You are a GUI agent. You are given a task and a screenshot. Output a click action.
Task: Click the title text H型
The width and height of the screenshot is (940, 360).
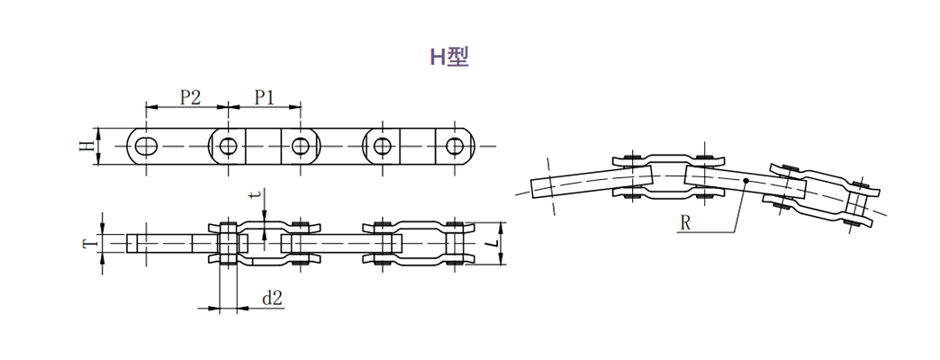tap(449, 57)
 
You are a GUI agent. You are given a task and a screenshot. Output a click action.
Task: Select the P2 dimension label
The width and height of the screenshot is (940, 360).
tap(190, 97)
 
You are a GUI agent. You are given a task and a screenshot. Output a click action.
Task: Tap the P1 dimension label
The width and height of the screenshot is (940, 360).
tap(264, 97)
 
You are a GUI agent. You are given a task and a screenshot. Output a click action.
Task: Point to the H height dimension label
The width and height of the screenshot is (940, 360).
tap(87, 146)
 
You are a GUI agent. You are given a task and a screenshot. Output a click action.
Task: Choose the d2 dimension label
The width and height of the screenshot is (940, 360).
tap(272, 298)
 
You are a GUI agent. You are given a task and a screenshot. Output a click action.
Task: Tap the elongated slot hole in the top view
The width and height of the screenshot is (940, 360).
tap(146, 146)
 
